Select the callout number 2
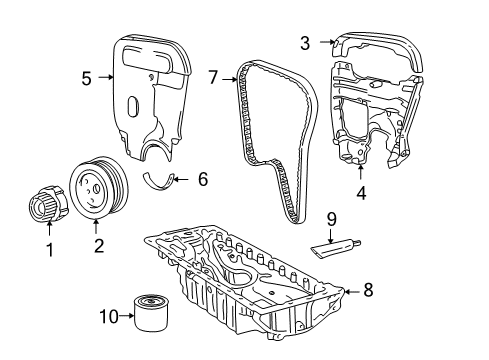pyautogui.click(x=97, y=243)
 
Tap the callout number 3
pyautogui.click(x=304, y=42)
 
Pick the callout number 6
pyautogui.click(x=202, y=180)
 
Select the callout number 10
pyautogui.click(x=112, y=318)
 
